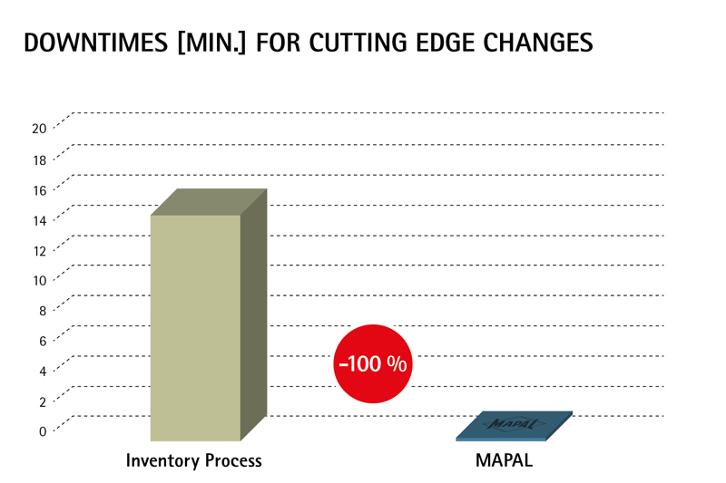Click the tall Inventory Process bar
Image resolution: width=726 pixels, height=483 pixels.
click(x=195, y=326)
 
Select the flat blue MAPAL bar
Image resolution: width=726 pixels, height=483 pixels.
click(x=515, y=427)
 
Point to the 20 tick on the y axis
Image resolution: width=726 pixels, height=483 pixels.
click(x=39, y=128)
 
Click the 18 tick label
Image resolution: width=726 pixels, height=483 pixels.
click(x=39, y=159)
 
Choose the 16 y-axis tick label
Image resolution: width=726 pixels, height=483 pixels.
click(x=39, y=188)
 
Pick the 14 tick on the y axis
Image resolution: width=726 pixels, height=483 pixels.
click(x=39, y=218)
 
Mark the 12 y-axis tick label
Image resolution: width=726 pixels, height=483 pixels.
click(x=39, y=249)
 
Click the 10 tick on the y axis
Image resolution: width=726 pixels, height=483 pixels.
click(x=39, y=279)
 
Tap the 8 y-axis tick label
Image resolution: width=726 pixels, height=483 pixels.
click(x=42, y=310)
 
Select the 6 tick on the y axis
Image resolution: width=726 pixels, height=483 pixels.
click(x=42, y=340)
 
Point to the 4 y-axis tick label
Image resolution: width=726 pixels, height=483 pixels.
click(x=42, y=370)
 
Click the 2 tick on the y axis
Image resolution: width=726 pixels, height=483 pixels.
click(x=42, y=401)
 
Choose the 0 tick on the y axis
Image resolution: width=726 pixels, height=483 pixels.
click(x=42, y=430)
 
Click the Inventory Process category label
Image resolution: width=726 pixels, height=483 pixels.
click(x=193, y=461)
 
